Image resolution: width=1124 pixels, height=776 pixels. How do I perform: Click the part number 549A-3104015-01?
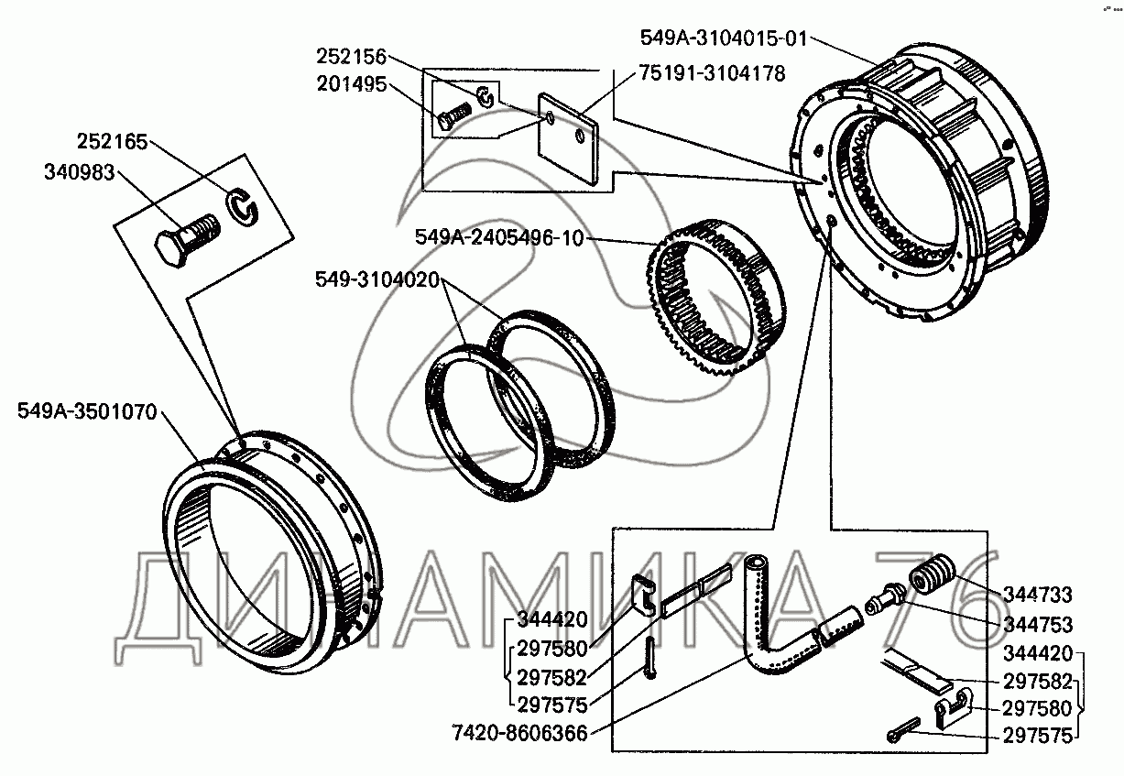click(724, 38)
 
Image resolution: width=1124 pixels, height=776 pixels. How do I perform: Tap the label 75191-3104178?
click(712, 73)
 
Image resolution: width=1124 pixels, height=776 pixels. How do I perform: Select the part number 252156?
click(351, 56)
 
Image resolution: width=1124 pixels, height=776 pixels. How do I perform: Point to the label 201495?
click(351, 83)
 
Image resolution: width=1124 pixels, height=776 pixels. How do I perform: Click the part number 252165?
click(112, 141)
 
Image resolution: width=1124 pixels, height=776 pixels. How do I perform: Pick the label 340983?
click(80, 172)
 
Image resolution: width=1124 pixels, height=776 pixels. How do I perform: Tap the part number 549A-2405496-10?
click(500, 237)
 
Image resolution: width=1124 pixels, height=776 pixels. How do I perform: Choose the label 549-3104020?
click(377, 279)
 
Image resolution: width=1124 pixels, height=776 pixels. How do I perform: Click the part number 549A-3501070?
click(87, 411)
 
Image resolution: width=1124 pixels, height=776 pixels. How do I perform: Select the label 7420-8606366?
click(519, 733)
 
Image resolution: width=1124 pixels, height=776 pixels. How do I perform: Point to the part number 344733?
click(1038, 595)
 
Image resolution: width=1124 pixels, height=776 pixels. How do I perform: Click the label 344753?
click(1038, 625)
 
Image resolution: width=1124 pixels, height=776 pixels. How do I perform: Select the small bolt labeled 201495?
click(454, 115)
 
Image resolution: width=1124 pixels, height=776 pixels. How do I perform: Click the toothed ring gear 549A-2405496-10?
click(715, 297)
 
